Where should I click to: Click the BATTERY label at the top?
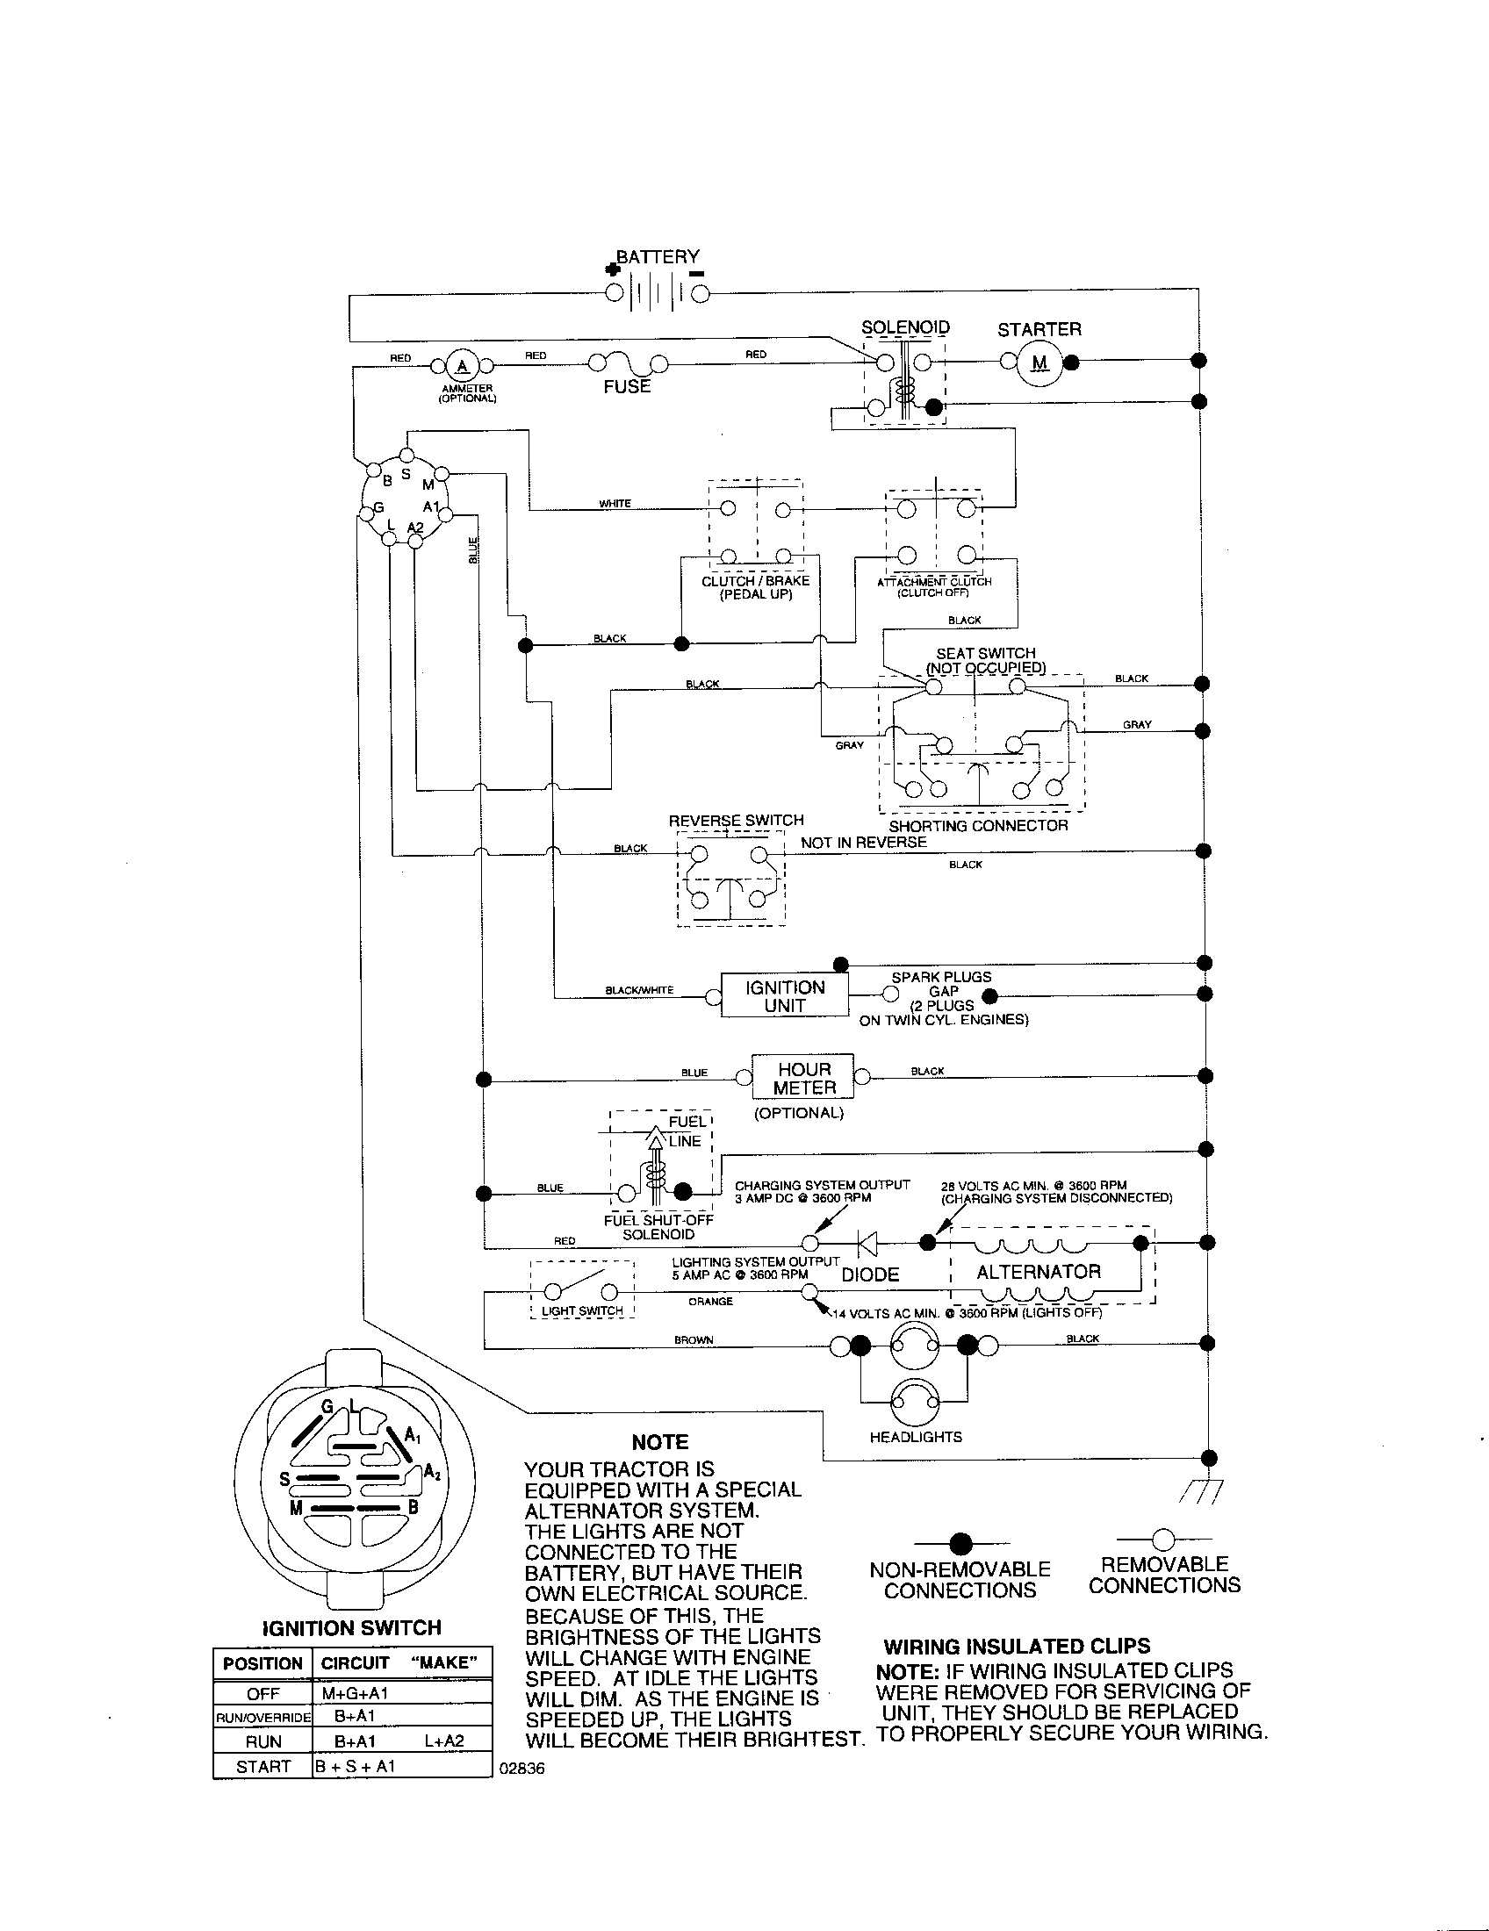(657, 256)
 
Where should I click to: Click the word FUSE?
(627, 386)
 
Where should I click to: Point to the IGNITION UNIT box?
(784, 996)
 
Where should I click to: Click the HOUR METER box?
(803, 1078)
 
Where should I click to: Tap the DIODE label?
(870, 1274)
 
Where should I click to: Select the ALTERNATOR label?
(1038, 1272)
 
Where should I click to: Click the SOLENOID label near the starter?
(905, 327)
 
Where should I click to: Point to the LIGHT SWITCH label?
(582, 1310)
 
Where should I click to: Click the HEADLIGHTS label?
(915, 1437)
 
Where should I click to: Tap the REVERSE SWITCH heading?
(736, 820)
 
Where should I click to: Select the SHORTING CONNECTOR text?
(978, 825)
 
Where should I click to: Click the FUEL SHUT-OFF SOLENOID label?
(658, 1227)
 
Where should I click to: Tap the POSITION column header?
(263, 1663)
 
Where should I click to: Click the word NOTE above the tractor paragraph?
(659, 1442)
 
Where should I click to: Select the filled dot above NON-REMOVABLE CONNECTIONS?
(960, 1544)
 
